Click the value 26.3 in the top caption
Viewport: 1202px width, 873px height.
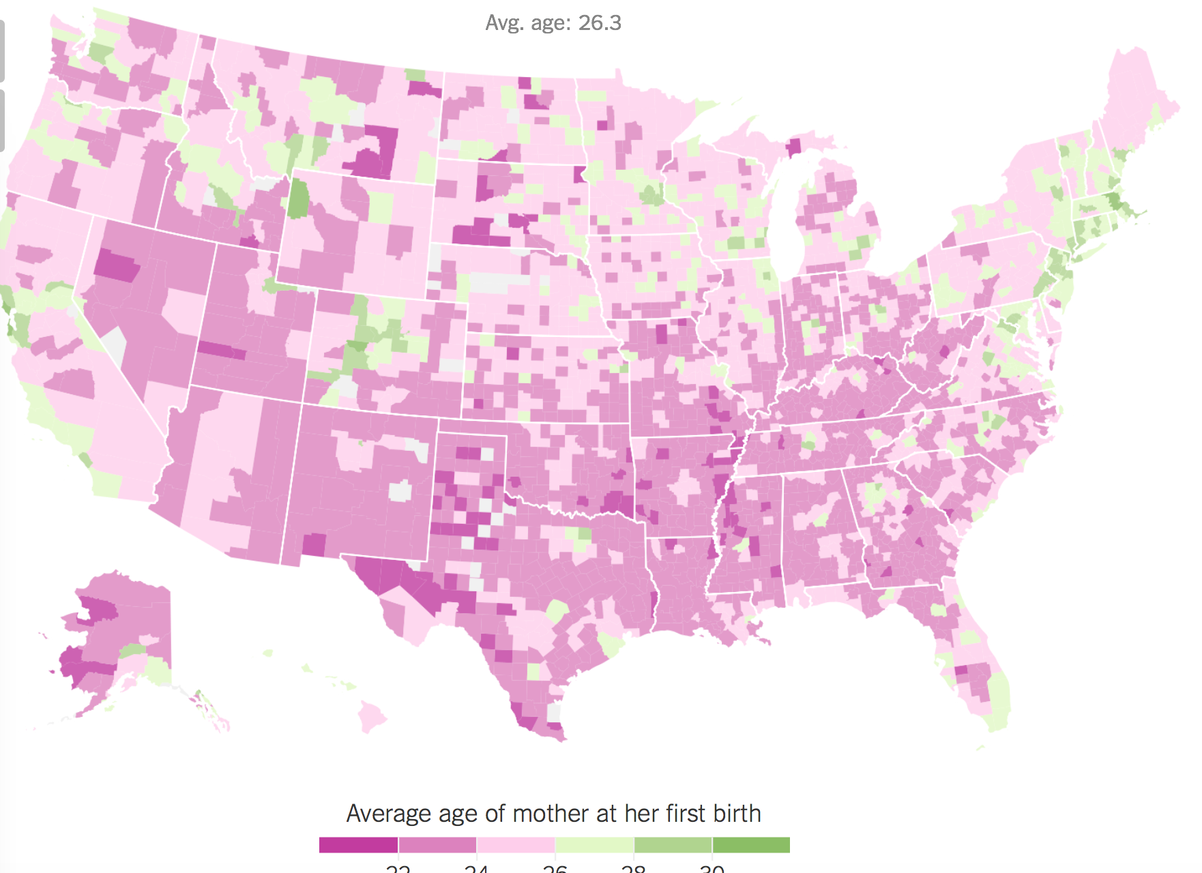600,23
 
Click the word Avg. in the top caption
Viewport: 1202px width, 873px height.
505,23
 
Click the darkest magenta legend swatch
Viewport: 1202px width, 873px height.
358,845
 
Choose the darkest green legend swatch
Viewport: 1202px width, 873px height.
751,845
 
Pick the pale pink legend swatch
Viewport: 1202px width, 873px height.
516,845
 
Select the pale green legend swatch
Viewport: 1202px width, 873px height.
594,845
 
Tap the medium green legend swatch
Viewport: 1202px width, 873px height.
673,845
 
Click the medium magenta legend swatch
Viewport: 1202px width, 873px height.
437,845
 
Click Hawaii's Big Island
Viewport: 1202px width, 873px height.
372,717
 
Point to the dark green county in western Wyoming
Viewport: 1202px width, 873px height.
298,198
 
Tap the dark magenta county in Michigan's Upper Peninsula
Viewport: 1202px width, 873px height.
793,147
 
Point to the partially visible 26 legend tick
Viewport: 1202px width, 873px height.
555,869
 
